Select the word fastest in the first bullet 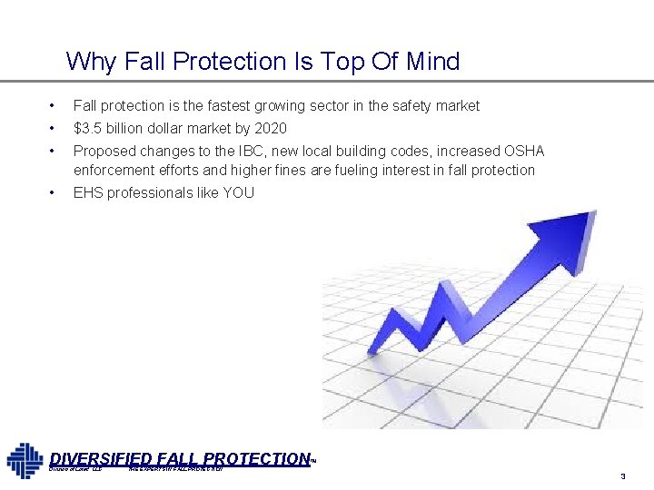(x=229, y=106)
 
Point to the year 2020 (x=270, y=128)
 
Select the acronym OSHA (x=523, y=151)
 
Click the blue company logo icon (x=25, y=460)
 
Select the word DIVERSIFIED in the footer (x=100, y=459)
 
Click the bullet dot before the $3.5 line (x=54, y=128)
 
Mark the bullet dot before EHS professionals (x=54, y=192)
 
